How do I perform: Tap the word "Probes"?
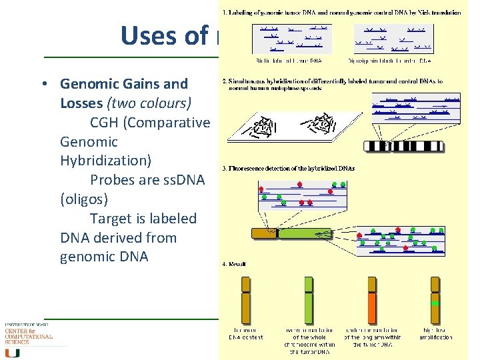(x=114, y=180)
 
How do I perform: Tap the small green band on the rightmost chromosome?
(x=435, y=303)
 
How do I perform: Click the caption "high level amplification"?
(x=435, y=333)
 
